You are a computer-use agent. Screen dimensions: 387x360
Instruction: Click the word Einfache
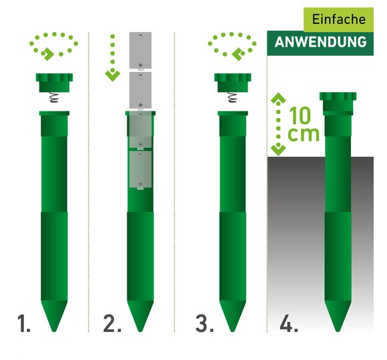coord(339,19)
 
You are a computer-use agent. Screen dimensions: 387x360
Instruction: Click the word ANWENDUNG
coord(320,42)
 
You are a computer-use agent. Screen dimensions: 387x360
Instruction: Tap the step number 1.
coord(24,323)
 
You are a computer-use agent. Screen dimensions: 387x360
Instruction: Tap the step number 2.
coord(112,323)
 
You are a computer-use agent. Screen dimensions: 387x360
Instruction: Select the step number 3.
coord(205,323)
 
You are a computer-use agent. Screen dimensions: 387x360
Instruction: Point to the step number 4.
coord(289,323)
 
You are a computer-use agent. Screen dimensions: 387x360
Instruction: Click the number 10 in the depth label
coord(300,115)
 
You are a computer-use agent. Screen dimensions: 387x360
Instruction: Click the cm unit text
coord(304,135)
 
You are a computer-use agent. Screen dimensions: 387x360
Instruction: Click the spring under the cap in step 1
coord(54,97)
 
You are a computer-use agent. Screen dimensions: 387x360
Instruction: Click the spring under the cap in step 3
coord(232,97)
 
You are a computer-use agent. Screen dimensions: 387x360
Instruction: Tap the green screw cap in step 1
coord(54,83)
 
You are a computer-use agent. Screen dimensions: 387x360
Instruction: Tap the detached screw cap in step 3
coord(233,83)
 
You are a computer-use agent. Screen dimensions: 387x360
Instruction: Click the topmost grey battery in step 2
coord(140,50)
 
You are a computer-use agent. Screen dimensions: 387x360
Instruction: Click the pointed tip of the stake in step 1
coord(54,331)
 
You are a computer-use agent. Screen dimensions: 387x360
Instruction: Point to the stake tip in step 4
coord(338,331)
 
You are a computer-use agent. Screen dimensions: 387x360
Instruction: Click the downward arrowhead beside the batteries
coord(113,76)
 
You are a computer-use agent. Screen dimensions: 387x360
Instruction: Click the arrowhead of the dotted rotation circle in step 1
coord(48,55)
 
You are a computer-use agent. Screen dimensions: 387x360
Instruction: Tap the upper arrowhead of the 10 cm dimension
coord(278,98)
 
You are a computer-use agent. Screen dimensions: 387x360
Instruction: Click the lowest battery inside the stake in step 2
coord(140,170)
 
